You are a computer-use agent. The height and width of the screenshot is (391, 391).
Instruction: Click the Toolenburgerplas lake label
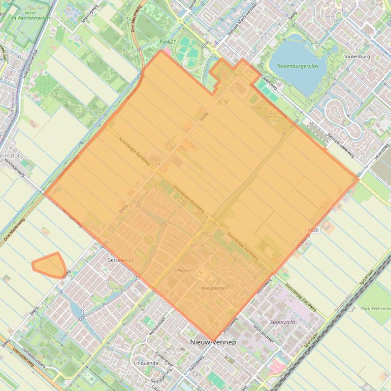click(301, 66)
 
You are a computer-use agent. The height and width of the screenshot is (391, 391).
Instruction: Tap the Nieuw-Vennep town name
click(213, 342)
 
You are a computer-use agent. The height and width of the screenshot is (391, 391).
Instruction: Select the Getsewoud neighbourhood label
click(120, 260)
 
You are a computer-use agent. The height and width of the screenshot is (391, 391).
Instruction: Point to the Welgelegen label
click(213, 288)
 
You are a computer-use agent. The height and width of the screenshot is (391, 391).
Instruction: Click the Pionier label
click(185, 270)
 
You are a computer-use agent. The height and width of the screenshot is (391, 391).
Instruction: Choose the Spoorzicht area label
click(283, 322)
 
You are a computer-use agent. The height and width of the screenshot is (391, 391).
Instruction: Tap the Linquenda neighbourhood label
click(146, 364)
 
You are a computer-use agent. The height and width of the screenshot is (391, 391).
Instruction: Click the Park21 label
click(167, 42)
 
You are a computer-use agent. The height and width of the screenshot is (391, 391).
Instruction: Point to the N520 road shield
click(312, 231)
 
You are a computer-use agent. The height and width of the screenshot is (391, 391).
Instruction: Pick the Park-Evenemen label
click(375, 308)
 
